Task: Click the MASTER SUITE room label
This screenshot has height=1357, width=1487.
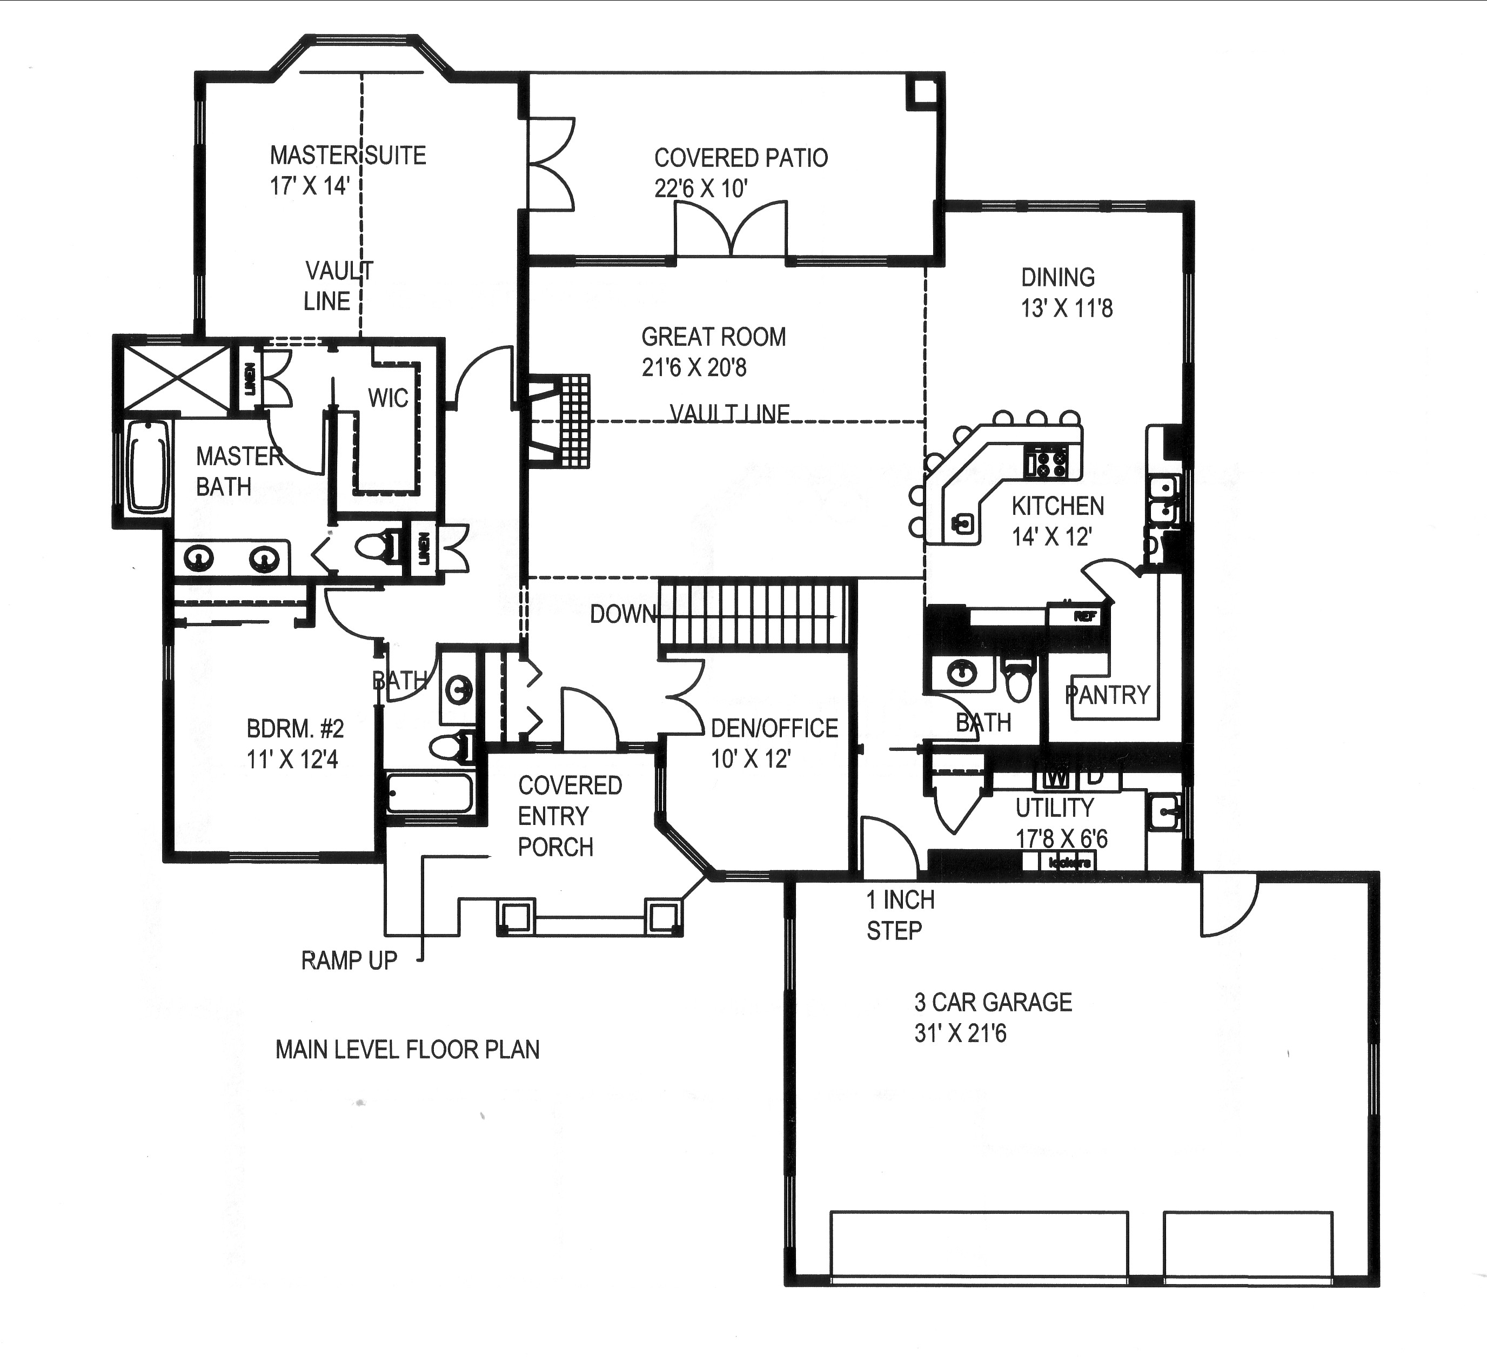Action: click(347, 156)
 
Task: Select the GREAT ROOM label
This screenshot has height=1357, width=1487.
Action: click(713, 338)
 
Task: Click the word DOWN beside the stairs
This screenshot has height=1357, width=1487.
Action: click(622, 614)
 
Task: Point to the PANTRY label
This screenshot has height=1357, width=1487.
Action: click(1107, 695)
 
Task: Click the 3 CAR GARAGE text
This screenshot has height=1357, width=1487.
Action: click(992, 1002)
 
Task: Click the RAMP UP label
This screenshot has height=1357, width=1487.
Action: click(349, 960)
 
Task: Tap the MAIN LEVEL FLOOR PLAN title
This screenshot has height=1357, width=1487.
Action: click(407, 1050)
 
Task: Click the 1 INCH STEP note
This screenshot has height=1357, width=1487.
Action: click(899, 915)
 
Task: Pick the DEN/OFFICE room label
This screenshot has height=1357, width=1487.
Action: click(774, 729)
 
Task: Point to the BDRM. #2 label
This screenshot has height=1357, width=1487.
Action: click(295, 729)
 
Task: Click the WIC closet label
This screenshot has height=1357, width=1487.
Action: click(388, 398)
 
